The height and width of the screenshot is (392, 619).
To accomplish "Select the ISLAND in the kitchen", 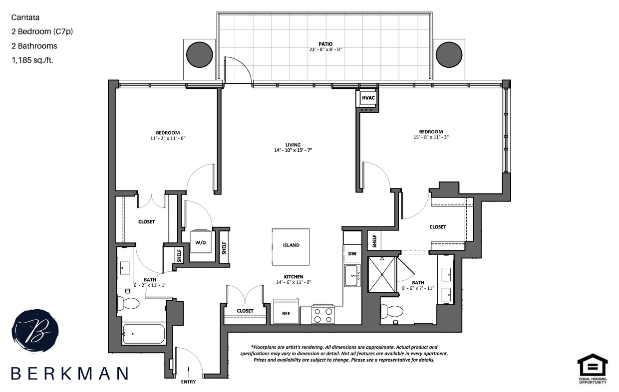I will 291,245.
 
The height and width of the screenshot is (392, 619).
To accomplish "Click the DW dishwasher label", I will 352,254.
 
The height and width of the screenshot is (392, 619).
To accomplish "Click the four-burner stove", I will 322,315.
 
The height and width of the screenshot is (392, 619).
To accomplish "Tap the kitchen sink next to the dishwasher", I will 352,275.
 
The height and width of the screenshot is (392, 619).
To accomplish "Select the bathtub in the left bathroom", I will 144,334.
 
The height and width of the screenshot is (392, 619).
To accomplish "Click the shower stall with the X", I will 382,274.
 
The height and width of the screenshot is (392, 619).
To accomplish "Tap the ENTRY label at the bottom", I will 188,382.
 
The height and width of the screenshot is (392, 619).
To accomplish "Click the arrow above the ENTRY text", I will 188,370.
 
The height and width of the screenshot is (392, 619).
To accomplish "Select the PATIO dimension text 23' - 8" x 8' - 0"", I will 325,49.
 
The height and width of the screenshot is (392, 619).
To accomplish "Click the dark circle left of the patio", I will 199,54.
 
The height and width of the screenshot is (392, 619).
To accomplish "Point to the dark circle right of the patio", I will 449,54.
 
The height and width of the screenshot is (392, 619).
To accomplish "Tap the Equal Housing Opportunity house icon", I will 592,365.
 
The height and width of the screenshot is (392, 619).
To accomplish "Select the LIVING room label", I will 293,145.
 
